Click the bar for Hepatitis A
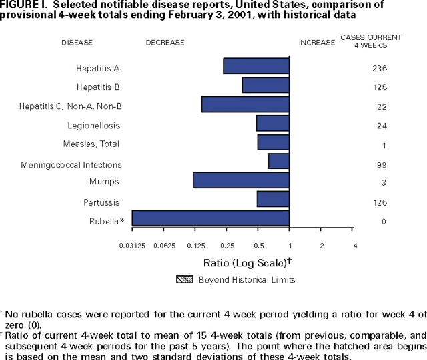coord(256,66)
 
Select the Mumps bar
coord(241,181)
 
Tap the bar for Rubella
coord(211,218)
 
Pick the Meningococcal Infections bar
coord(278,161)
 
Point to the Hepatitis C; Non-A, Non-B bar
coord(245,104)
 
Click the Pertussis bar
coord(273,199)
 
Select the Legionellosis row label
coord(93,126)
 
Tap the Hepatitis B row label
coord(98,87)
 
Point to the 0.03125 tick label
coord(132,246)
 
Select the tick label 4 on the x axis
coord(354,246)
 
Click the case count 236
coord(380,69)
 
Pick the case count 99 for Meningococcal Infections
coord(380,164)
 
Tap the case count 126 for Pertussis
coord(380,202)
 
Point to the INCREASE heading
coord(317,43)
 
